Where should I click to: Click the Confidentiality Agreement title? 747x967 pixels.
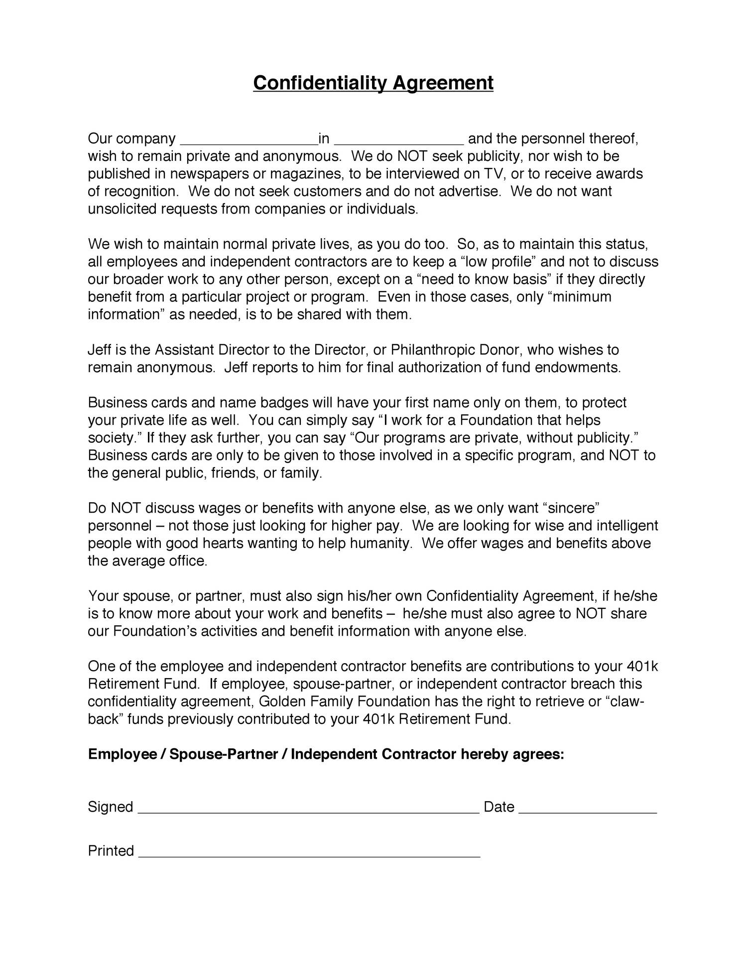pyautogui.click(x=373, y=83)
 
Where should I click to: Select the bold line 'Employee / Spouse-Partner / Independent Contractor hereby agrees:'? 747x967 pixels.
pyautogui.click(x=326, y=754)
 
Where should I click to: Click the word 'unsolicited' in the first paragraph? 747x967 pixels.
pyautogui.click(x=122, y=209)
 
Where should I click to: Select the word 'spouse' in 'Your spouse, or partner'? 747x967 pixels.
pyautogui.click(x=146, y=596)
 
